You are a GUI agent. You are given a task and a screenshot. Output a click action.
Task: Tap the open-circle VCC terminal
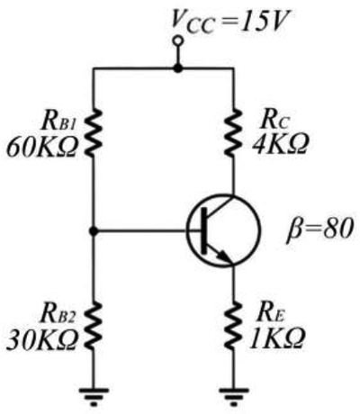tap(178, 40)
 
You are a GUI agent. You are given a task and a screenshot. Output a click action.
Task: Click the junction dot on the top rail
tap(178, 68)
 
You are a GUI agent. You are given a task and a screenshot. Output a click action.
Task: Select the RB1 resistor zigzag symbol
tap(94, 133)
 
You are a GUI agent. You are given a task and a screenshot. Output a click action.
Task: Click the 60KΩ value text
tap(42, 148)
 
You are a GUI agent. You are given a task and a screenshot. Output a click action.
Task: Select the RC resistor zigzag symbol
tap(233, 133)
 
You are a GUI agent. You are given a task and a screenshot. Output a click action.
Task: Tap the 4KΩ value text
tap(280, 144)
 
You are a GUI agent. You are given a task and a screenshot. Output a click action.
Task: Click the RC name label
tap(275, 120)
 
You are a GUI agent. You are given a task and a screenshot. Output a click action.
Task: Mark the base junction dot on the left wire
tap(94, 231)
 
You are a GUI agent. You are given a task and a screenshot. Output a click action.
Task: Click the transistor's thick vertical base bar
tap(204, 230)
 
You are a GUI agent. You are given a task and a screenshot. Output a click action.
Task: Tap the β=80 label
tap(319, 229)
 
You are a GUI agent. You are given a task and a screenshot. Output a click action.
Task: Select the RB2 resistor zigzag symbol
tap(94, 327)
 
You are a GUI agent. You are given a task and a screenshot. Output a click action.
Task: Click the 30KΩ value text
tap(42, 340)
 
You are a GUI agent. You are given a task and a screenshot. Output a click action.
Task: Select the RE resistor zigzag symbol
tap(233, 327)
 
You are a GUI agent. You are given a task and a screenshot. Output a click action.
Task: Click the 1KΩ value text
tap(277, 338)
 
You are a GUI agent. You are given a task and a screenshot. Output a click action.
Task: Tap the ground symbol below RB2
tap(94, 397)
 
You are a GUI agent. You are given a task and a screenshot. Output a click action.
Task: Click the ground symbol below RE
tap(234, 397)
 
